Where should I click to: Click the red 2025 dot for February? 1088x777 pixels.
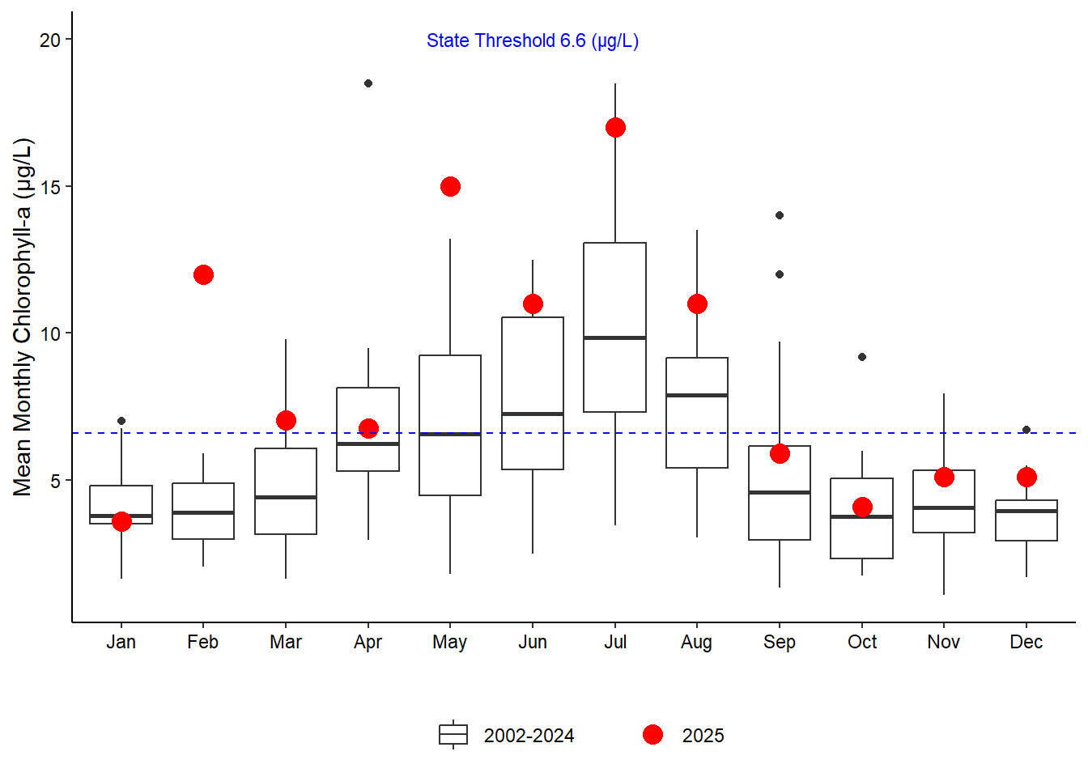click(203, 275)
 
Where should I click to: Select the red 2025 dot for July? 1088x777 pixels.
click(615, 128)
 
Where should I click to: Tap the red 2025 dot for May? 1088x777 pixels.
click(450, 187)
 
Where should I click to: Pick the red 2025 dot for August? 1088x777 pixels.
click(697, 304)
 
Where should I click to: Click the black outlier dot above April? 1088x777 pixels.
click(368, 83)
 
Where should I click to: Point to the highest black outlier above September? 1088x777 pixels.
click(780, 215)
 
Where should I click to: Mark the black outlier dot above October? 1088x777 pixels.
click(862, 357)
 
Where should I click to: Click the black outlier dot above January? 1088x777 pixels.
click(121, 421)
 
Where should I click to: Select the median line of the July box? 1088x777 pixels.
click(615, 338)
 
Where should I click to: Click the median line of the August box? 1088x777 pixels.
click(697, 395)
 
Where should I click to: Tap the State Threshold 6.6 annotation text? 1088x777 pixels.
click(533, 41)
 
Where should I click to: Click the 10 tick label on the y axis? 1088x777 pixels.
click(50, 333)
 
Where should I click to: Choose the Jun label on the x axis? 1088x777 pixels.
click(533, 642)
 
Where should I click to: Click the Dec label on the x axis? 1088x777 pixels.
click(1026, 642)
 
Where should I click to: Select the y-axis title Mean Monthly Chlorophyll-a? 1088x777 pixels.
click(22, 317)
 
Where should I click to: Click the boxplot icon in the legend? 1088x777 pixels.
click(453, 735)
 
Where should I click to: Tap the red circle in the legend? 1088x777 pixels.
click(652, 735)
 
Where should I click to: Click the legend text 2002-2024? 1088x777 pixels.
click(529, 736)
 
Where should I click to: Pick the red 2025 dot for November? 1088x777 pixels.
click(944, 478)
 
